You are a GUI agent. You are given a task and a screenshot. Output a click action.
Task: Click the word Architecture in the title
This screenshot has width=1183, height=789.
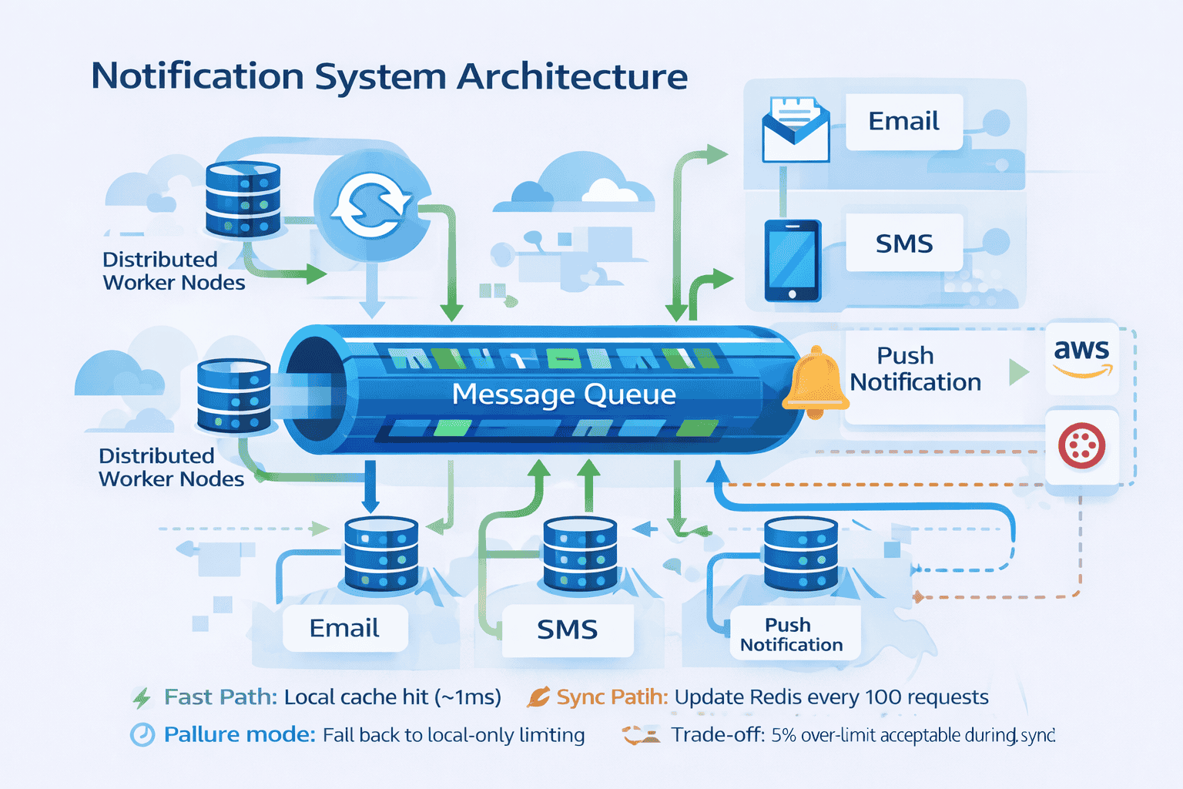click(x=572, y=77)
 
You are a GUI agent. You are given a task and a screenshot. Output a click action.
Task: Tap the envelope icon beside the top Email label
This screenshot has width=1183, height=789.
click(x=795, y=129)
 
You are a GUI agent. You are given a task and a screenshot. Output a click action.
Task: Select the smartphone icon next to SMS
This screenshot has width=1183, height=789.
click(x=793, y=260)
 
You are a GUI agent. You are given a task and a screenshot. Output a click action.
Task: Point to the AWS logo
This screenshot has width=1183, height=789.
click(x=1082, y=358)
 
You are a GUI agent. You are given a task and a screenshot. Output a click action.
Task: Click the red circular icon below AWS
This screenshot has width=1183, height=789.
click(x=1081, y=445)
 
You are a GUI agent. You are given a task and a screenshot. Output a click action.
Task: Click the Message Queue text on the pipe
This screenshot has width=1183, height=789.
click(x=563, y=394)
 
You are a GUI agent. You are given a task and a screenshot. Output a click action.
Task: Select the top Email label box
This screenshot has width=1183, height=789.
click(x=903, y=122)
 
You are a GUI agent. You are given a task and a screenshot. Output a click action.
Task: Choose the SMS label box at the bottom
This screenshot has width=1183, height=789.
click(x=567, y=630)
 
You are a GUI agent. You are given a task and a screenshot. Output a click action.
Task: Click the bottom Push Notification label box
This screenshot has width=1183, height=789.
click(x=793, y=634)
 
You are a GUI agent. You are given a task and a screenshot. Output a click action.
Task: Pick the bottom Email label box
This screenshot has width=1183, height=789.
click(x=344, y=629)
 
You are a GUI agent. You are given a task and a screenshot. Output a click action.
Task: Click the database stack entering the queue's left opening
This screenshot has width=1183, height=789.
click(x=233, y=395)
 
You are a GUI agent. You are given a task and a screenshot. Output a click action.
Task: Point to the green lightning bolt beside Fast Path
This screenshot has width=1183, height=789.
click(x=142, y=698)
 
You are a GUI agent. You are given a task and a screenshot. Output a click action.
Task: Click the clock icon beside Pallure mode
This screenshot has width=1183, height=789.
click(x=142, y=735)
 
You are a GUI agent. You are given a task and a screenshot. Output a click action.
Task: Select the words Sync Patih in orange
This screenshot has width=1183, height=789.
click(x=612, y=697)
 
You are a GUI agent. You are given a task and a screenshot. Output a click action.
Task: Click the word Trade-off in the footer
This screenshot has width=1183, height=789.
click(x=717, y=735)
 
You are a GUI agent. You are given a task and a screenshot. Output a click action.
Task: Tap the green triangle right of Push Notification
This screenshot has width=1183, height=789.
click(x=1018, y=372)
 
